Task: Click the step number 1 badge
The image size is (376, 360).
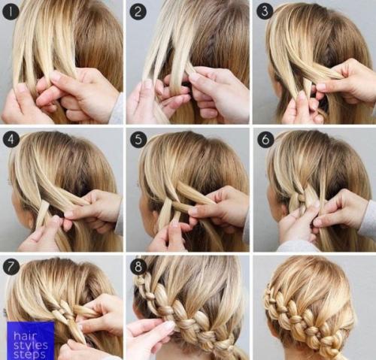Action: [x=11, y=11]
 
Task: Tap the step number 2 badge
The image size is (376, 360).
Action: [x=138, y=11]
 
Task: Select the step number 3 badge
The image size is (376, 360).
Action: [x=265, y=11]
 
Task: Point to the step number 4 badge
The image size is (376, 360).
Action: [x=11, y=139]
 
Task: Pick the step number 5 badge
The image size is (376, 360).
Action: [x=138, y=139]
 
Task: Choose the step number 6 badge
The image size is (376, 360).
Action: [x=265, y=139]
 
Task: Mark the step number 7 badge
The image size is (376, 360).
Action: [x=11, y=266]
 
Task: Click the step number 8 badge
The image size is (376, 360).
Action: [x=138, y=266]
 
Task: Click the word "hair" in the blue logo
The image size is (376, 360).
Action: [x=26, y=335]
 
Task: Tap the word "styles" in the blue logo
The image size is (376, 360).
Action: [x=31, y=346]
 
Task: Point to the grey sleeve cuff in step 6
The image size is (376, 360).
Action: [x=367, y=217]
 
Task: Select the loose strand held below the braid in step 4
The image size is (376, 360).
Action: [x=42, y=213]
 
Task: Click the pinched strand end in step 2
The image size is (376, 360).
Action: [x=190, y=71]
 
